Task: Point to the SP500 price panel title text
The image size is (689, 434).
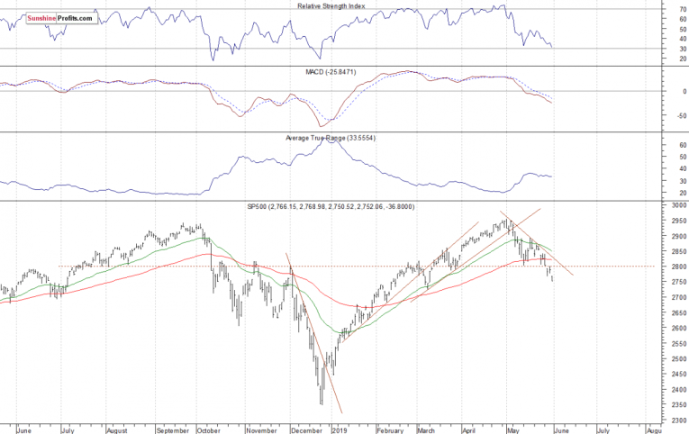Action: tap(331, 207)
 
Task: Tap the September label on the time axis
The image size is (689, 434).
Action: tap(172, 429)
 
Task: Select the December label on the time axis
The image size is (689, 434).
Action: tap(306, 429)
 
